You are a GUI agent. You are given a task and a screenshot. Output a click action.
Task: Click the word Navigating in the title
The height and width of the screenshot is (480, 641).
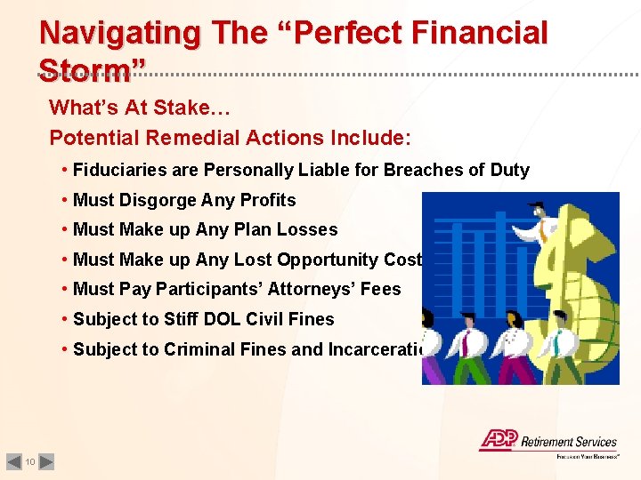pyautogui.click(x=119, y=33)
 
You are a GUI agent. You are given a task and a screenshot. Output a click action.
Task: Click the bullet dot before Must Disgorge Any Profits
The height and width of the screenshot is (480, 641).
pyautogui.click(x=66, y=200)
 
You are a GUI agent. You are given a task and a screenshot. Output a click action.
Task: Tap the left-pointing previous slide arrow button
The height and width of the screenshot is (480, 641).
pyautogui.click(x=13, y=461)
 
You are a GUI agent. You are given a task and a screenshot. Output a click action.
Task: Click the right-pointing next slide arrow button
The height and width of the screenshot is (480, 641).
pyautogui.click(x=47, y=461)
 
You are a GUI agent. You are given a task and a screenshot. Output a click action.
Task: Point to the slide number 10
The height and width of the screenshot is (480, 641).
pyautogui.click(x=30, y=461)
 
